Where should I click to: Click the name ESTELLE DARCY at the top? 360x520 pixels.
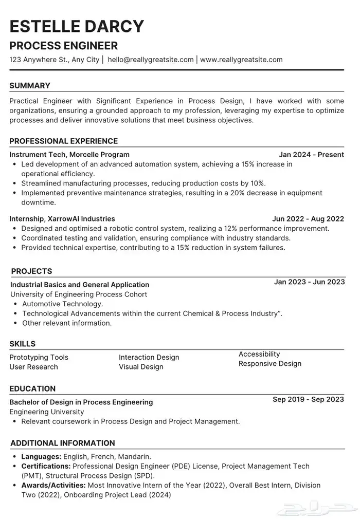[77, 26]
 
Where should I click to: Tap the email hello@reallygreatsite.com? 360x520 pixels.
[151, 60]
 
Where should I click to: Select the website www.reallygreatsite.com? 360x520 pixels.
[241, 60]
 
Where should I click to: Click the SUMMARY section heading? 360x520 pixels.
[30, 86]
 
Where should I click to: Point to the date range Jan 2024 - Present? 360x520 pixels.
[311, 154]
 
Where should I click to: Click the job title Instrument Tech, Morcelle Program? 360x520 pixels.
[69, 154]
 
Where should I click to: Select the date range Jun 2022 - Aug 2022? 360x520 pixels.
[308, 218]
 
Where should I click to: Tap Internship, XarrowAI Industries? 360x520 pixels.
[62, 218]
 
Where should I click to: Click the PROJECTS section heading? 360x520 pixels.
[31, 271]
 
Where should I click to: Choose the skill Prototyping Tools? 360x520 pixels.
[39, 357]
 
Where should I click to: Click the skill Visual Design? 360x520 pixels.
[141, 367]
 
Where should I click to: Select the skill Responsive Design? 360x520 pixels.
[270, 364]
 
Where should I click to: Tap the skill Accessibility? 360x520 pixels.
[259, 354]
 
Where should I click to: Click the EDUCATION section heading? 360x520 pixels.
[32, 389]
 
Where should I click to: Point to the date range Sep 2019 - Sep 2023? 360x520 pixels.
[309, 399]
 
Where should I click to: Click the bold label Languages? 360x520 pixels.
[41, 456]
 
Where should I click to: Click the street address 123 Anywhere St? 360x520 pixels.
[39, 60]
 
